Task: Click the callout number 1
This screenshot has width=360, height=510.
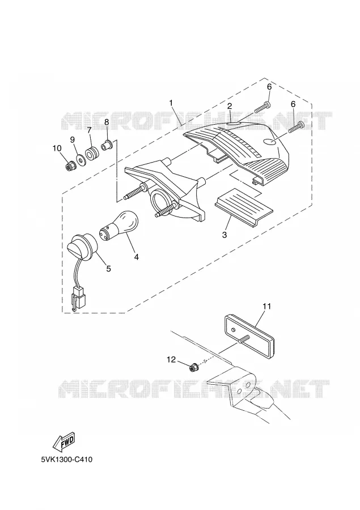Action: pos(171,103)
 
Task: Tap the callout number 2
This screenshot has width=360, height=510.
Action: pos(230,106)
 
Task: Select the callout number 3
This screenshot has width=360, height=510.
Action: pos(225,235)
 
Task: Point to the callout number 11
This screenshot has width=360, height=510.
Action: pos(267,306)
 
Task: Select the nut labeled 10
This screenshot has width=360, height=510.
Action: pos(69,167)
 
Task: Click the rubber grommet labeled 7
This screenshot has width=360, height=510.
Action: pos(91,153)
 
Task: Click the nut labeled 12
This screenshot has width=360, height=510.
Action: pos(194,368)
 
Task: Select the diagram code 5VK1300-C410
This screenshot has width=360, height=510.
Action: pos(67,460)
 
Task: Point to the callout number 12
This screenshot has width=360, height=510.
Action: pos(171,359)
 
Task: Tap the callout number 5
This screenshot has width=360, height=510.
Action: pos(108,269)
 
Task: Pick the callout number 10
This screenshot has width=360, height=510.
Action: pos(57,148)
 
